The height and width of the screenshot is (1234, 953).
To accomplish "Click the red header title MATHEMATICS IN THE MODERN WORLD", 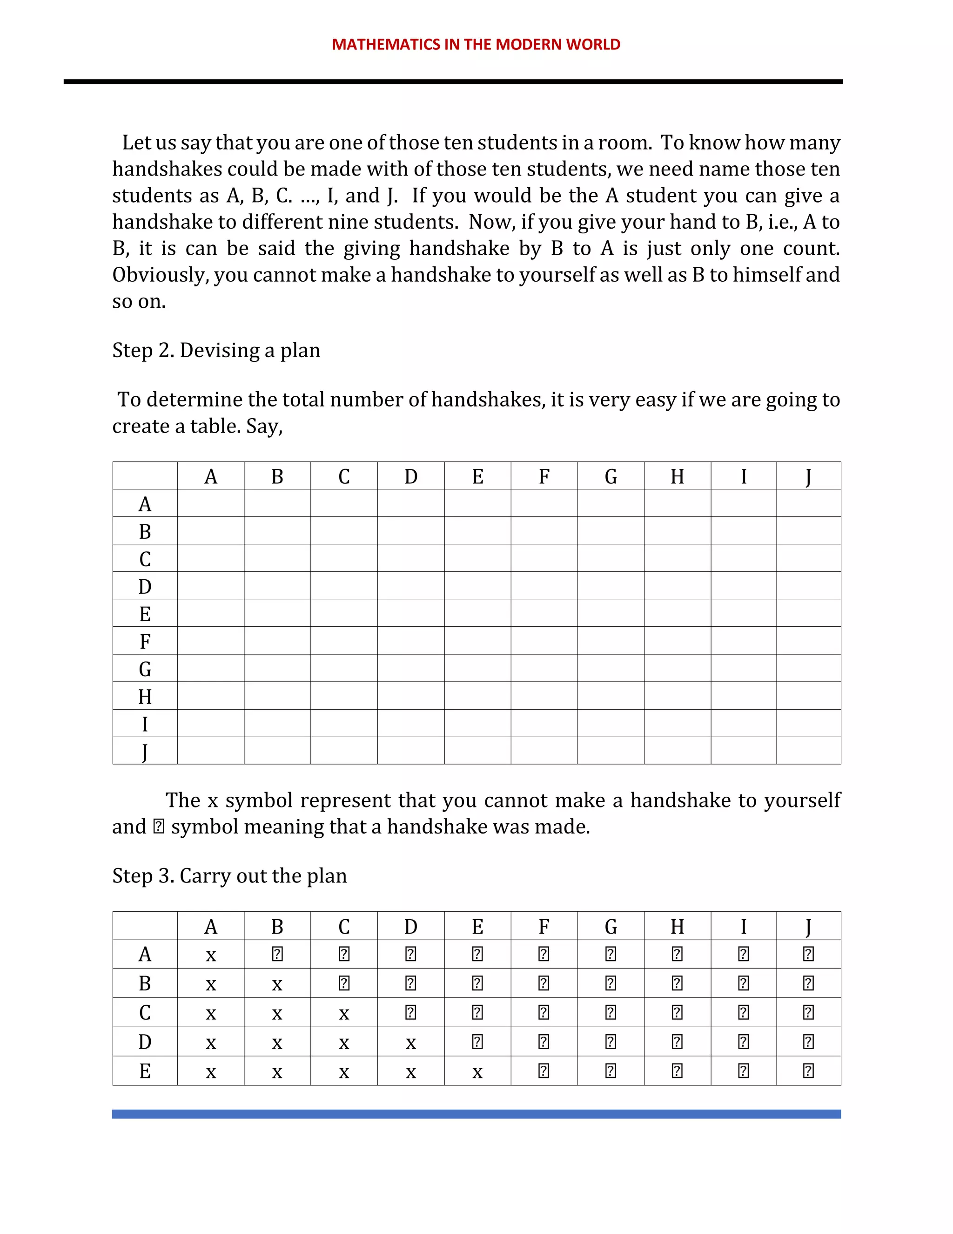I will [476, 45].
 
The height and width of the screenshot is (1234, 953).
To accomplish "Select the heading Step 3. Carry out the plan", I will [229, 876].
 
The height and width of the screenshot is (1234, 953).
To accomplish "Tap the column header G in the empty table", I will [611, 477].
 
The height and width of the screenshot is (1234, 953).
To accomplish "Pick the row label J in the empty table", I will [145, 752].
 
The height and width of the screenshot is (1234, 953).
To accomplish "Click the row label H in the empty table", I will [145, 697].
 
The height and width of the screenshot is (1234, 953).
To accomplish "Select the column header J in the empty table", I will [808, 477].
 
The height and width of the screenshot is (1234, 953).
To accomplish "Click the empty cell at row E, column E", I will [477, 613].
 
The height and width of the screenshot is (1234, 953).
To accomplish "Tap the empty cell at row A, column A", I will [211, 503].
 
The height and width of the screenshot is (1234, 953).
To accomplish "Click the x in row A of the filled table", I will [211, 956].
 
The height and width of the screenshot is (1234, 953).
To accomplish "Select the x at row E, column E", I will [477, 1072].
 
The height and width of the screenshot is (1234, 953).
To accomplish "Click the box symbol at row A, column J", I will [808, 954].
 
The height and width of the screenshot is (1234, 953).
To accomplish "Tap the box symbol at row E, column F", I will [544, 1071].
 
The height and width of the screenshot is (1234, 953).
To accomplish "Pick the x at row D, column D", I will [410, 1043].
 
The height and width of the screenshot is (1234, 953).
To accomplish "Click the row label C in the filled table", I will [145, 1012].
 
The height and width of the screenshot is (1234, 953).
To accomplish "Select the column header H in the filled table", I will [677, 927].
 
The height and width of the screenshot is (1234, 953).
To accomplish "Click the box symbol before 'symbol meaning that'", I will [159, 827].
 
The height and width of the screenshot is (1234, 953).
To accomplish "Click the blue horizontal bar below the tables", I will [476, 1114].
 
